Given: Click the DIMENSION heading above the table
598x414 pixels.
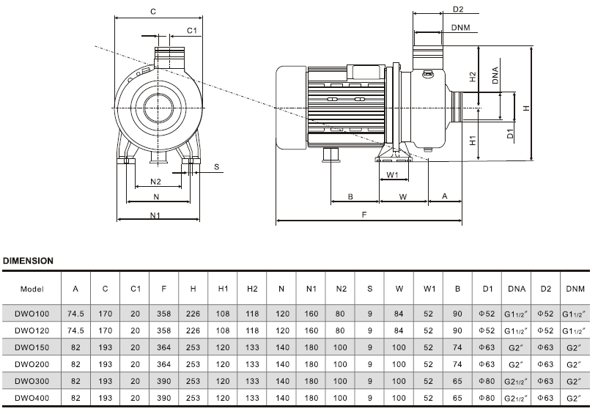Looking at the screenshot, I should click(x=29, y=260).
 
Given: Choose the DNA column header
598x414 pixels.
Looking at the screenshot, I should click(x=516, y=289).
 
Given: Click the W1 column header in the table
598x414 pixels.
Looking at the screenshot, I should click(x=429, y=289).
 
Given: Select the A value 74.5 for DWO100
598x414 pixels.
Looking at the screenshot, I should click(x=75, y=311).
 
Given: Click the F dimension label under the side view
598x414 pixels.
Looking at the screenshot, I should click(x=364, y=215).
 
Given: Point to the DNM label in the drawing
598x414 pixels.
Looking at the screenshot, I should click(x=460, y=28).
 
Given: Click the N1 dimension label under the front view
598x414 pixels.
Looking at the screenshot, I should click(x=155, y=215).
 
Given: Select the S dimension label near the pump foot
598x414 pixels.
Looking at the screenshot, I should click(x=217, y=167).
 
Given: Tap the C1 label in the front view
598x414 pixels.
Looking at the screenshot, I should click(x=191, y=31).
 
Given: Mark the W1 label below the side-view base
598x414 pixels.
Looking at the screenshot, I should click(x=392, y=175).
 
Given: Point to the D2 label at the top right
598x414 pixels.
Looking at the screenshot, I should click(x=458, y=10).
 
